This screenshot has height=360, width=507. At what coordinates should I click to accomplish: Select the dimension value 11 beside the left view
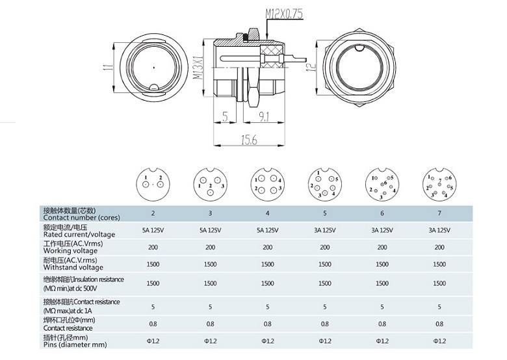pos(108,68)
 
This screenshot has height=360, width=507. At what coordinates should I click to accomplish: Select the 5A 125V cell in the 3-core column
pos(210,229)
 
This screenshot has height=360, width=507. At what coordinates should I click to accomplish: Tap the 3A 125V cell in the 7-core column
pos(439,229)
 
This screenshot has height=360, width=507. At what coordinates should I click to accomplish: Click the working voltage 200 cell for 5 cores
pos(325,247)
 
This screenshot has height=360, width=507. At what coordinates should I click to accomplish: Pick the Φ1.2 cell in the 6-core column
pos(382,341)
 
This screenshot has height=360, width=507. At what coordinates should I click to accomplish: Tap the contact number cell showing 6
pos(382,212)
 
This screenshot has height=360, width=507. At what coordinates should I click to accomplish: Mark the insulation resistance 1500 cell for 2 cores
pos(153,283)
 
